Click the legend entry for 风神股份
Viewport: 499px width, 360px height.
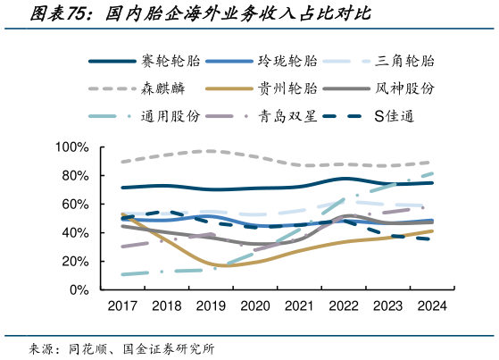(405, 88)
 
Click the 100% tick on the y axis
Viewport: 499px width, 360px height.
(72, 147)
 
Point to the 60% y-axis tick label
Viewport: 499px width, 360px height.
(75, 204)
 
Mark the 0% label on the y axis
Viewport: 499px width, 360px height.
(79, 289)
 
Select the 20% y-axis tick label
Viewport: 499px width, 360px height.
(75, 261)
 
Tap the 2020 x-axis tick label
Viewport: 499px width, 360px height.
(254, 306)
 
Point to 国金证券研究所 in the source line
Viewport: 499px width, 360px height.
(170, 347)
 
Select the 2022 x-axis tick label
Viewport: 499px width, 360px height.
(342, 306)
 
